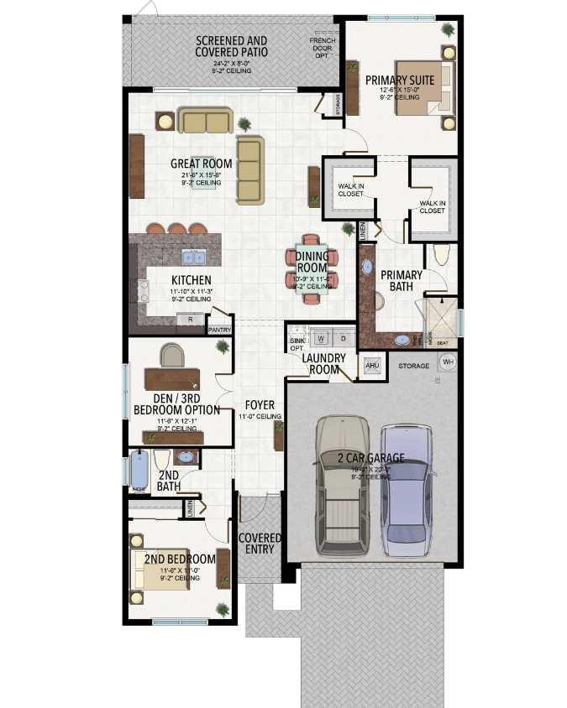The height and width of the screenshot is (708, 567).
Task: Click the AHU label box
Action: point(372,366)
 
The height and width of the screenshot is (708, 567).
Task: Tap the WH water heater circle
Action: point(448,362)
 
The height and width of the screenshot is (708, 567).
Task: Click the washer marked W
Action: point(321,338)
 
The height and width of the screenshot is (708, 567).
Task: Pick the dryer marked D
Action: point(343,338)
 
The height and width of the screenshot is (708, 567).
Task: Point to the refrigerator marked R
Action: point(190,319)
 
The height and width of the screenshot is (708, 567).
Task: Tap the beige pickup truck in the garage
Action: point(343,487)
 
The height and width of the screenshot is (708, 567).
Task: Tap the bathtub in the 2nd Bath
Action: point(139,471)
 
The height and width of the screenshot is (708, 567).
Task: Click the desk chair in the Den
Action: point(171,355)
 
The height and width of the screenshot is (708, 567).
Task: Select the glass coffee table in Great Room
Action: point(203,172)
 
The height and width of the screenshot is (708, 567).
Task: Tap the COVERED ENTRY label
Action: point(260,543)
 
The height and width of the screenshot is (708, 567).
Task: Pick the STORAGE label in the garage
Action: point(413,366)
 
